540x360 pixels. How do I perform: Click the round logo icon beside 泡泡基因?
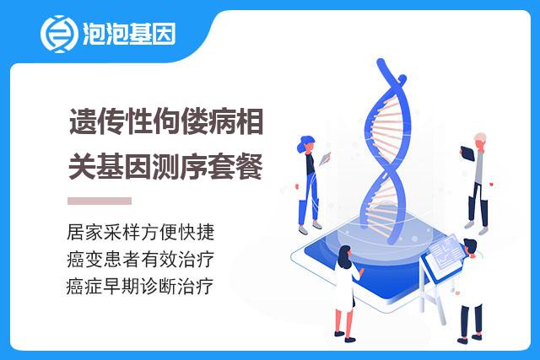point(58,34)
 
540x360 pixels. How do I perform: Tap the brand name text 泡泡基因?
point(129,34)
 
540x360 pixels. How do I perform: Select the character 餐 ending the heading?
point(250,166)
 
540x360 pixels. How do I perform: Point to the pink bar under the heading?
point(100,201)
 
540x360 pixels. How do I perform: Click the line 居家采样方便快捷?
point(141,232)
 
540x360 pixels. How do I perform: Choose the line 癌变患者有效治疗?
point(141,259)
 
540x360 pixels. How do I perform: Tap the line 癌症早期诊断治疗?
point(140,287)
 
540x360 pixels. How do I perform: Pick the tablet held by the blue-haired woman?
point(325,159)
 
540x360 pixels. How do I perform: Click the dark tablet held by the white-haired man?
point(467,153)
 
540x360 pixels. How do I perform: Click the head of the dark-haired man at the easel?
point(470,247)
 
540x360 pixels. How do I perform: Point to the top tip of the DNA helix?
point(381,62)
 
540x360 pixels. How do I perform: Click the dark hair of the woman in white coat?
point(343,256)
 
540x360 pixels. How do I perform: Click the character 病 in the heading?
point(222,121)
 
